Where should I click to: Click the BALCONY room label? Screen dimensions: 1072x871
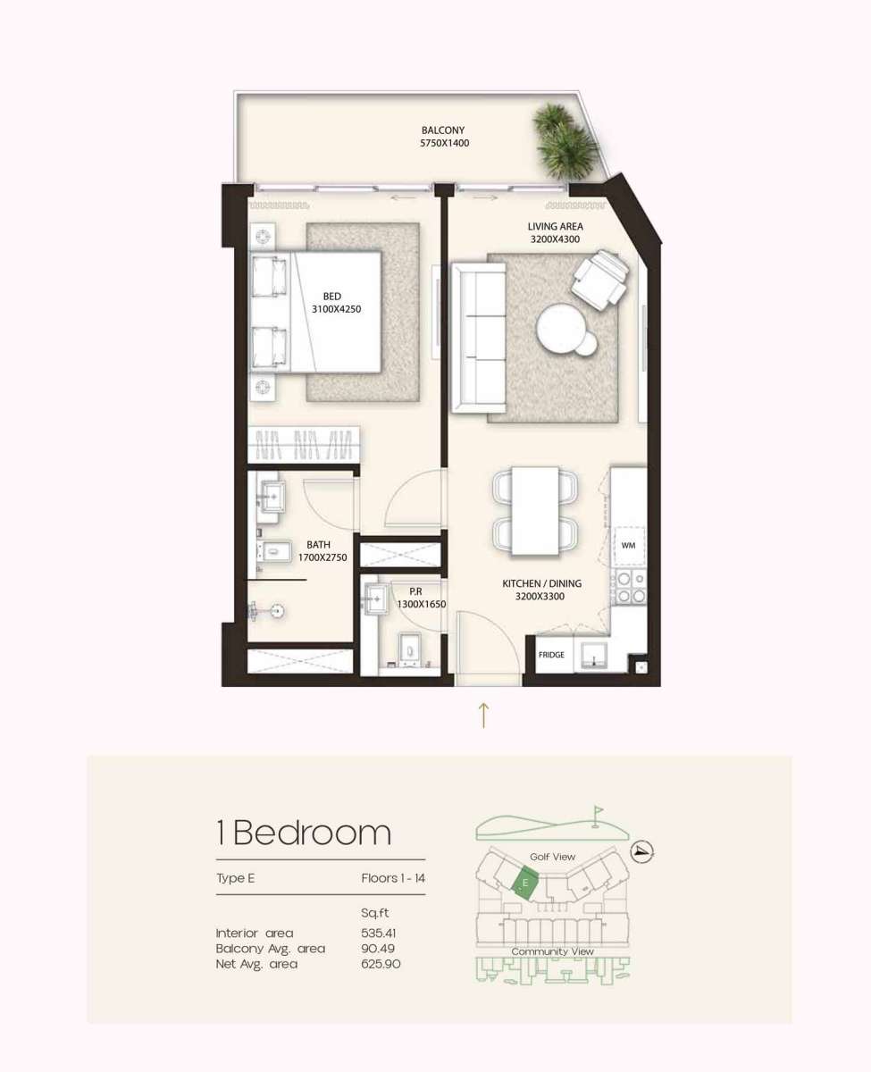(443, 130)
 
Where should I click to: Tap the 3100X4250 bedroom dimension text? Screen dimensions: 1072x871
(336, 309)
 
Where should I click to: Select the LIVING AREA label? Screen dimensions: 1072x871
(555, 227)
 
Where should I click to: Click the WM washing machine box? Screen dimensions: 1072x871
(628, 544)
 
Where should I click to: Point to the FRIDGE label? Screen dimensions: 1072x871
(551, 655)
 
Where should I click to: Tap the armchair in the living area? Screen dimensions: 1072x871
(599, 275)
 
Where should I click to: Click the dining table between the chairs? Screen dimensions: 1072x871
(534, 509)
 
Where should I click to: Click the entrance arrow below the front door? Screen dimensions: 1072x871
(483, 714)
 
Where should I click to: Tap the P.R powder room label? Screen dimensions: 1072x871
(415, 591)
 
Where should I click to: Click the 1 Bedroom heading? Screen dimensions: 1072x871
(304, 833)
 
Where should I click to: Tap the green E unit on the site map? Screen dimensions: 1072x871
(525, 882)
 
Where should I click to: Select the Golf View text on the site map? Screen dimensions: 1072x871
(552, 857)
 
